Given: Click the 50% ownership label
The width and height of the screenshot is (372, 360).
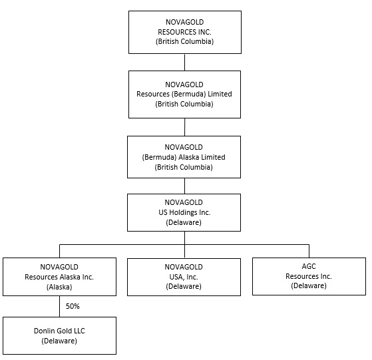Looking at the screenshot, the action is coord(73,306).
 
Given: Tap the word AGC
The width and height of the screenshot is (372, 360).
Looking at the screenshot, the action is coord(309,266).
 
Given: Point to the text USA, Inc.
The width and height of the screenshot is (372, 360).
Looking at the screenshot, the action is coord(184,277).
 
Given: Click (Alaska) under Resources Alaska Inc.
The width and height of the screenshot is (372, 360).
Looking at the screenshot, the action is coord(59,287).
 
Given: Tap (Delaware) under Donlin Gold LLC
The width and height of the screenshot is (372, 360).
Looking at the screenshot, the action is coord(59,341).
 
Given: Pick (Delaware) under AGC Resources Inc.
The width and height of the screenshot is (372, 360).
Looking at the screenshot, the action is coord(309,285).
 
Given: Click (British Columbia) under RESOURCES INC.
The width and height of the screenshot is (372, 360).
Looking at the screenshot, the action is coord(184,41).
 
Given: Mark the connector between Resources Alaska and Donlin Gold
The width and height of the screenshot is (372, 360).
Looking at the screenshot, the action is coord(59,306).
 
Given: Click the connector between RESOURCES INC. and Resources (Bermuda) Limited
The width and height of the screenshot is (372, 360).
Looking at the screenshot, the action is coord(185,62).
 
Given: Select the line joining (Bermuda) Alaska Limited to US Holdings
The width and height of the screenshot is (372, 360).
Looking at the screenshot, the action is coord(185,186).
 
